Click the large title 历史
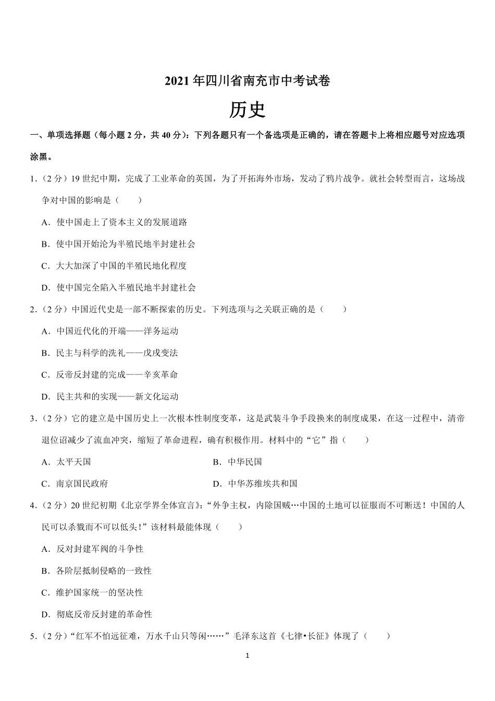pyautogui.click(x=247, y=110)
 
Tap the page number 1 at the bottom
pyautogui.click(x=247, y=656)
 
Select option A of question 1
pyautogui.click(x=115, y=222)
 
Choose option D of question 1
pyautogui.click(x=119, y=287)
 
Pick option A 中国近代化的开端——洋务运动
pyautogui.click(x=110, y=331)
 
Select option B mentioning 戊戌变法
pyautogui.click(x=110, y=353)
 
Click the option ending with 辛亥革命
pyautogui.click(x=110, y=375)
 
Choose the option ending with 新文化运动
pyautogui.click(x=110, y=397)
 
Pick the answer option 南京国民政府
pyautogui.click(x=75, y=484)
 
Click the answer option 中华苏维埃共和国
pyautogui.click(x=255, y=484)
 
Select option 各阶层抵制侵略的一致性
pyautogui.click(x=97, y=571)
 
